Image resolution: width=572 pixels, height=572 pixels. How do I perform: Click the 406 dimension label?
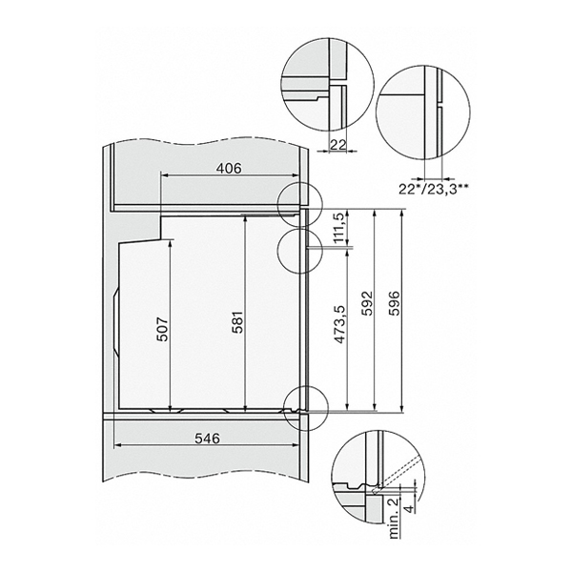pyautogui.click(x=229, y=168)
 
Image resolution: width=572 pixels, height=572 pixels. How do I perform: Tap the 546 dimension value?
pyautogui.click(x=207, y=439)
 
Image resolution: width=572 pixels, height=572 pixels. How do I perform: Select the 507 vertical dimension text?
pyautogui.click(x=163, y=330)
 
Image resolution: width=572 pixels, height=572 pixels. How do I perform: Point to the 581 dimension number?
pyautogui.click(x=237, y=322)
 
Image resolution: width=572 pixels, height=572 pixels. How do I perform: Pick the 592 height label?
pyautogui.click(x=368, y=303)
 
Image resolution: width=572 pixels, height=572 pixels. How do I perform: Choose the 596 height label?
pyautogui.click(x=395, y=303)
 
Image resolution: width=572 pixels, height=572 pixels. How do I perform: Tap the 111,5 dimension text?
pyautogui.click(x=340, y=229)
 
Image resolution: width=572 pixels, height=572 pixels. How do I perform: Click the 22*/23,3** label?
pyautogui.click(x=434, y=190)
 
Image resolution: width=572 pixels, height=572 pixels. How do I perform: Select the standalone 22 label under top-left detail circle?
pyautogui.click(x=337, y=145)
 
